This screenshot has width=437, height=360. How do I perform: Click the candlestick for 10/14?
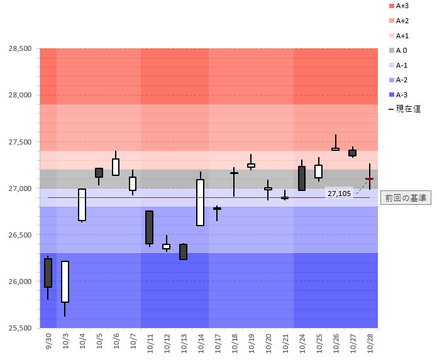[x=200, y=202]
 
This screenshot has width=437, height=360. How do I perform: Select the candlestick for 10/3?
[x=65, y=281]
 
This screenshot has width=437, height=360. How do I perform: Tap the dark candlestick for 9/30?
[x=48, y=273]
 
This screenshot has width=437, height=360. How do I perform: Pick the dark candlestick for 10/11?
[x=149, y=227]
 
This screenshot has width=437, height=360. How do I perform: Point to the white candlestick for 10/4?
[x=82, y=204]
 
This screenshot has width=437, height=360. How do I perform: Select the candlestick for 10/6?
[x=116, y=166]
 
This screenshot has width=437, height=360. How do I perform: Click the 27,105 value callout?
[x=339, y=194]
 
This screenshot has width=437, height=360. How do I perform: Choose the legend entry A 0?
[x=401, y=50]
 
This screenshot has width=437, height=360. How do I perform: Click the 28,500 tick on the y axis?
[x=19, y=48]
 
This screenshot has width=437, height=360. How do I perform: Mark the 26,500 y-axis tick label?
[x=19, y=235]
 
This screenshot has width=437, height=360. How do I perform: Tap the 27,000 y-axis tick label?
[x=19, y=188]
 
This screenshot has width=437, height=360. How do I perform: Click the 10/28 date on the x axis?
[x=370, y=342]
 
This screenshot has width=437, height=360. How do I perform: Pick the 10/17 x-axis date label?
[x=217, y=342]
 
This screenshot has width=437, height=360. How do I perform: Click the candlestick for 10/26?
[x=336, y=149]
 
